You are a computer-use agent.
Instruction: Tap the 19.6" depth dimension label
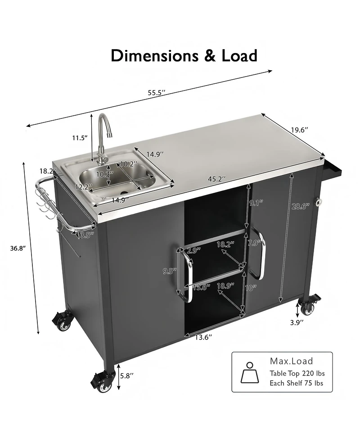coord(299,130)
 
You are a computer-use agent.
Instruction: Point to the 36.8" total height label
coord(16,248)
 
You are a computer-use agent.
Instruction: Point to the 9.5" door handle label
coord(170,271)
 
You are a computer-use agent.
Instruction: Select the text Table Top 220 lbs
coord(297,373)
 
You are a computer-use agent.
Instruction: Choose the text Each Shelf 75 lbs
coord(296,384)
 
